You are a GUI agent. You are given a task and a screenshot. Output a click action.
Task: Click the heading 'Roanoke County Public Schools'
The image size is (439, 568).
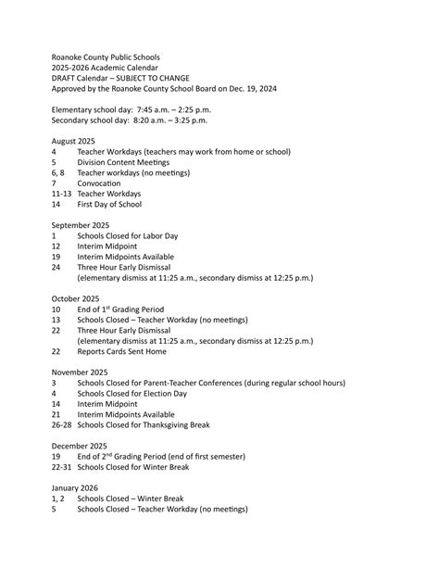click(106, 57)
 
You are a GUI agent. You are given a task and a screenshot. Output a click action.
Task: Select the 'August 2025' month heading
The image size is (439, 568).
click(73, 141)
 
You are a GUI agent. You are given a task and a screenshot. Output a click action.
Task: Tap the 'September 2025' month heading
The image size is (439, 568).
click(81, 225)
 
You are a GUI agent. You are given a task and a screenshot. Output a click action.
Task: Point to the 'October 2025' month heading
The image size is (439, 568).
click(77, 299)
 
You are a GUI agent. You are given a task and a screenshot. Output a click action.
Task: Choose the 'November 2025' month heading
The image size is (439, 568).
click(80, 372)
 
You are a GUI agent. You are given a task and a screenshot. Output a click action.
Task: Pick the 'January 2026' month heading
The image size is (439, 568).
click(75, 487)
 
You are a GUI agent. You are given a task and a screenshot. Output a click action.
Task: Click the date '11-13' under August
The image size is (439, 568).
click(61, 194)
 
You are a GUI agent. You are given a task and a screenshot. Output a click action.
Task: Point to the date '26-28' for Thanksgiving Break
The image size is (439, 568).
click(61, 425)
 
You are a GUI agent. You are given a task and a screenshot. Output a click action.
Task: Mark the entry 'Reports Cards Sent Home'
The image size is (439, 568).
click(122, 352)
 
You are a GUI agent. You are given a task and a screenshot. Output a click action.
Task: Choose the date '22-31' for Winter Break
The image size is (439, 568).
click(61, 467)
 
